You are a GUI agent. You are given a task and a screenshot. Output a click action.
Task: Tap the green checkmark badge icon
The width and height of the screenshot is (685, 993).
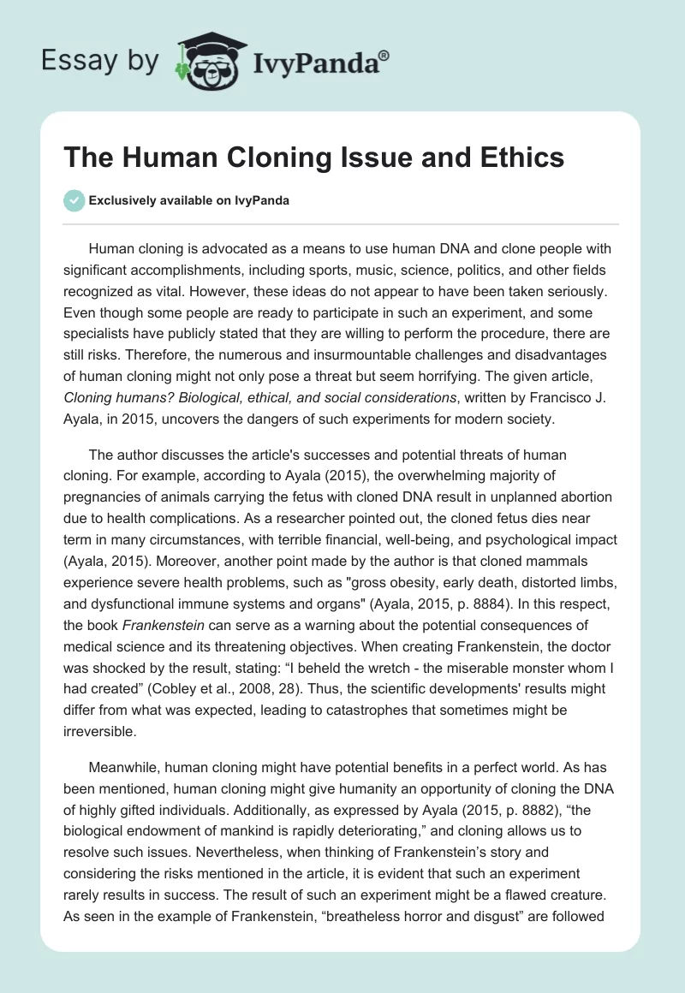(74, 200)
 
